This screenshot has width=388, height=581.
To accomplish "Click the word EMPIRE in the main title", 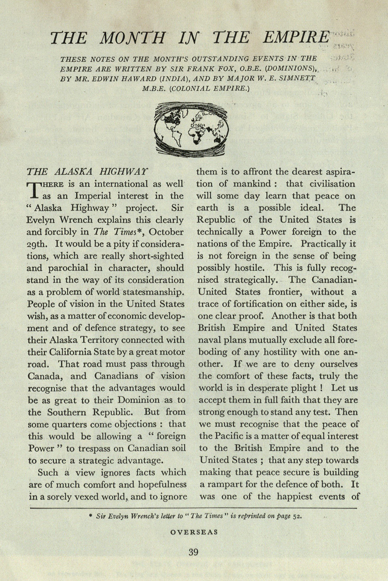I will point(296,38).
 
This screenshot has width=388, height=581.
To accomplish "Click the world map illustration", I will point(192,128).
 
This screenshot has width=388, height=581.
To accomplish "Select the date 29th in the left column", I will point(38,244).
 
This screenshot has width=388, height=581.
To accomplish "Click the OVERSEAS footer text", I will point(194,532).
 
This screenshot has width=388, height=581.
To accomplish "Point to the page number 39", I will point(193,552).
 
